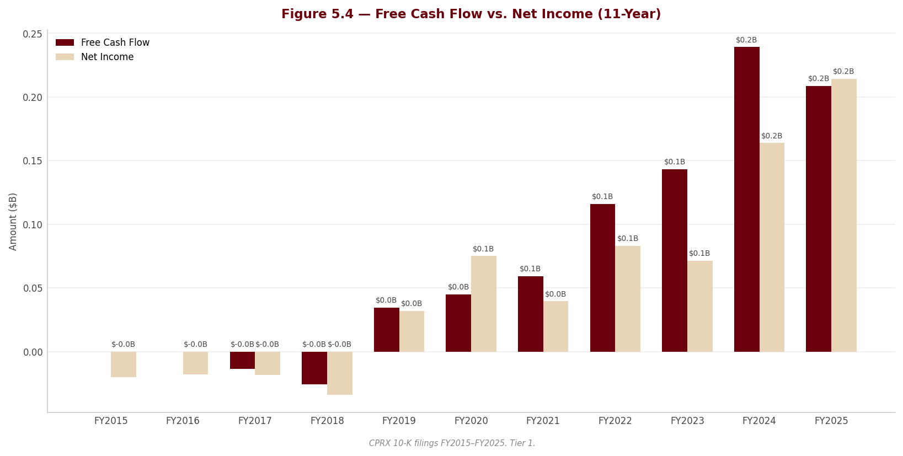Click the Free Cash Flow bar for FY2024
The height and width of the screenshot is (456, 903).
(x=746, y=200)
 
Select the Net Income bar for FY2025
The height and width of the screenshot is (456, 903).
(x=844, y=215)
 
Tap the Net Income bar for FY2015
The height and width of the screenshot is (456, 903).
(x=124, y=364)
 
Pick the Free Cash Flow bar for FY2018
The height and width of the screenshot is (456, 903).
(x=314, y=368)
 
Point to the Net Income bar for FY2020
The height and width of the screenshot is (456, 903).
(x=484, y=304)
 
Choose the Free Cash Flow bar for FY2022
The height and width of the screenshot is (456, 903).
(x=603, y=278)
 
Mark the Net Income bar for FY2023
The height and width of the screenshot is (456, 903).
(x=700, y=306)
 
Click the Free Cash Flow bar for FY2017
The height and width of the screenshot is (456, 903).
(x=242, y=360)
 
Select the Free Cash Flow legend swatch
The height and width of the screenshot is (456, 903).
(x=65, y=42)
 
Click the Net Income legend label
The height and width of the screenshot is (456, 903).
(x=107, y=57)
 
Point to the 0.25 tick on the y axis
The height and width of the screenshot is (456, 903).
(x=32, y=34)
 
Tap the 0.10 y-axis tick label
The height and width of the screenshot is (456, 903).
(x=32, y=225)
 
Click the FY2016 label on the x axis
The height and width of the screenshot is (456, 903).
(x=183, y=421)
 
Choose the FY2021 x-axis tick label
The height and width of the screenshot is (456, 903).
(x=543, y=421)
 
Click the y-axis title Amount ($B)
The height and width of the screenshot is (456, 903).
(x=13, y=222)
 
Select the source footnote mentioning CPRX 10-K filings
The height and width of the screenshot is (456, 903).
(x=452, y=443)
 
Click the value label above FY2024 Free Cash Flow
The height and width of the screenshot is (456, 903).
(x=746, y=40)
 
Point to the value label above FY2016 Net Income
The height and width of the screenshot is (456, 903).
(x=195, y=345)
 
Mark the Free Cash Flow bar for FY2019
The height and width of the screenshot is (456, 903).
(x=387, y=330)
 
